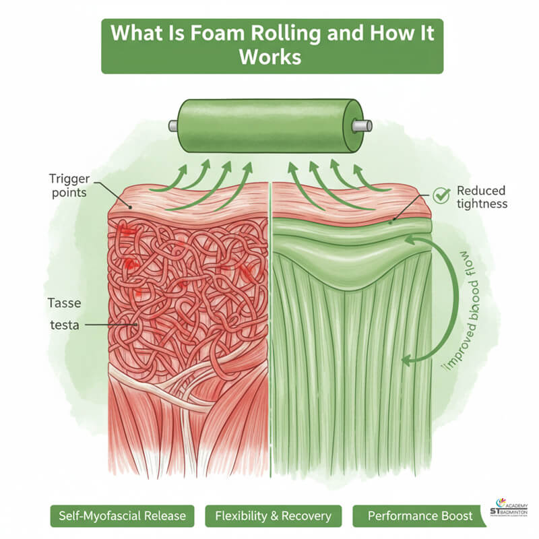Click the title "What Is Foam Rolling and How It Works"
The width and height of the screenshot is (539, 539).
[x=272, y=45]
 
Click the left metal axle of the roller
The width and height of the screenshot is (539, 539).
[x=174, y=125]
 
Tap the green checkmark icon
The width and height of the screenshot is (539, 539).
[x=441, y=195]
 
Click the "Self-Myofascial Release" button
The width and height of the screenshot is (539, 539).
[x=122, y=516]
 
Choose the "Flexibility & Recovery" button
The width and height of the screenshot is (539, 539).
[x=273, y=516]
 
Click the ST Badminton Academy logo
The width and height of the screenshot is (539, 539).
[x=511, y=514]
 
